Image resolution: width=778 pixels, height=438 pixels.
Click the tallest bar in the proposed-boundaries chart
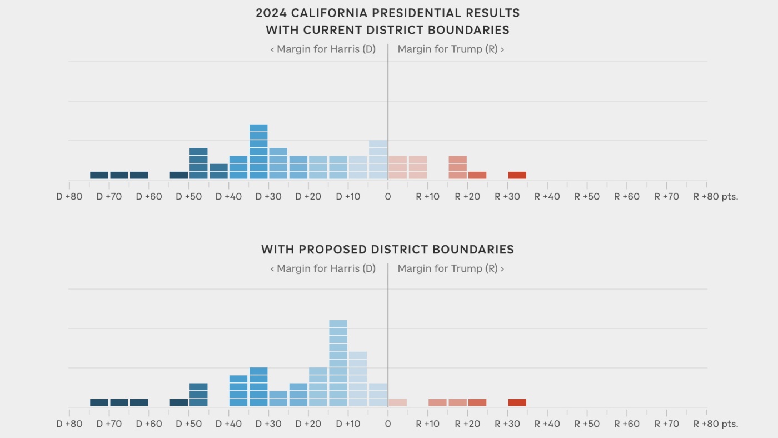point(338,363)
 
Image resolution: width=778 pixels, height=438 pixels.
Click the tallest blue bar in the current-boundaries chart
point(258,152)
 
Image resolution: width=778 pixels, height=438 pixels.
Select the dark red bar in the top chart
point(517,175)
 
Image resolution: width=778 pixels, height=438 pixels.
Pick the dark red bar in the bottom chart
point(517,402)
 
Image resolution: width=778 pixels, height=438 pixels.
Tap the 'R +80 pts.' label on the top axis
point(715,197)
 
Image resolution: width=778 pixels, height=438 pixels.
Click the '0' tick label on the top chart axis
point(388,197)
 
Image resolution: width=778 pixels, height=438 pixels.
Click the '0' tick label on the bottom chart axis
point(388,424)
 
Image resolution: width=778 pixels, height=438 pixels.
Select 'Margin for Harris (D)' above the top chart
point(323,49)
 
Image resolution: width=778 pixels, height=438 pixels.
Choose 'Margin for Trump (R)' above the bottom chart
point(451,268)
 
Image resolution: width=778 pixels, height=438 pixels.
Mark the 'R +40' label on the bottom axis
point(547,424)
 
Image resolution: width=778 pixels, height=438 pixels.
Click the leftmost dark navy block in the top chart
point(99,175)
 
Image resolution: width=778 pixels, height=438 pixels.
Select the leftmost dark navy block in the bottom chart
point(99,402)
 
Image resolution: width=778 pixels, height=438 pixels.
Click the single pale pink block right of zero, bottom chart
point(397,402)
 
